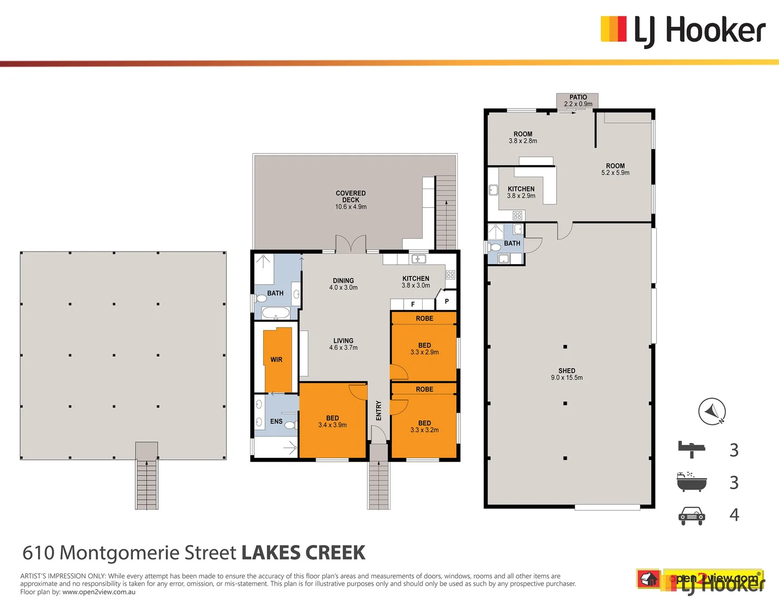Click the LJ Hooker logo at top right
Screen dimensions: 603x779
(x=682, y=30)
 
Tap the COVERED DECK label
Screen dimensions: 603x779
(x=351, y=199)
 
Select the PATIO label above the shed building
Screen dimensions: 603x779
(x=578, y=100)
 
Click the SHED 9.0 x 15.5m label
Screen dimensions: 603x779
(x=566, y=374)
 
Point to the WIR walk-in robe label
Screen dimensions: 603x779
(x=276, y=360)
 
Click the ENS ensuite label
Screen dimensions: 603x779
(x=276, y=422)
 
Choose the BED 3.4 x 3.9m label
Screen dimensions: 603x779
(x=332, y=422)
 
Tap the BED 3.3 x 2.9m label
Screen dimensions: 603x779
(x=424, y=349)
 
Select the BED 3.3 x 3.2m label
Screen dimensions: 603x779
(x=424, y=427)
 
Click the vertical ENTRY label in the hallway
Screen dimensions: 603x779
(x=379, y=410)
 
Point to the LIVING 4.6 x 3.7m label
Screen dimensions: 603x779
(x=343, y=344)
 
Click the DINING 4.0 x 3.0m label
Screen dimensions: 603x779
(x=343, y=284)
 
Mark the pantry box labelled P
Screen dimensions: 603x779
(x=447, y=301)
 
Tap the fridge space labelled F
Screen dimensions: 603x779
(x=413, y=304)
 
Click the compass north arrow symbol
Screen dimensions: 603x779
(x=712, y=412)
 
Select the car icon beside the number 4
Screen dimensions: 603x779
(x=692, y=515)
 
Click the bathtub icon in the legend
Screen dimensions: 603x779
(x=691, y=482)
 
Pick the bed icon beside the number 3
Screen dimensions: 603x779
(x=691, y=449)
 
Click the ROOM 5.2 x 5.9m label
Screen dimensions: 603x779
(x=615, y=169)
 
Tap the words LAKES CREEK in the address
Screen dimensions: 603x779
(x=303, y=553)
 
